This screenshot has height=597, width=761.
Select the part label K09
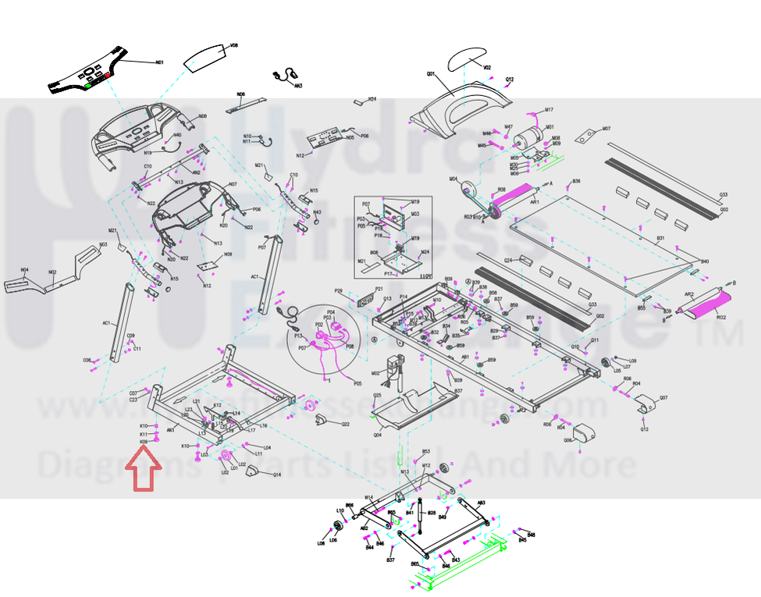coord(144,442)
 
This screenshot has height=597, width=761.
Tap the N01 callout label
coord(159,62)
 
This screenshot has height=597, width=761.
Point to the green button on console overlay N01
coord(90,84)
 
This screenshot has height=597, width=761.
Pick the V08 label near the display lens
coord(233,47)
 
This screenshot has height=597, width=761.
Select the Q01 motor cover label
coord(430,73)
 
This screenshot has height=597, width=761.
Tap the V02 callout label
coord(487,68)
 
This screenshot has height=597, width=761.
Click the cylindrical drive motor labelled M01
coord(529,136)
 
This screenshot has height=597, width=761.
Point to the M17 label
coord(549,109)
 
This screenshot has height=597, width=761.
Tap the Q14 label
coord(276,475)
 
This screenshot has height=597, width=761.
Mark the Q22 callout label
coord(345,424)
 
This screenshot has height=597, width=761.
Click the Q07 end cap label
coord(663,398)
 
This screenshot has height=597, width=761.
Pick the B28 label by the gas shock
coord(431,513)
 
